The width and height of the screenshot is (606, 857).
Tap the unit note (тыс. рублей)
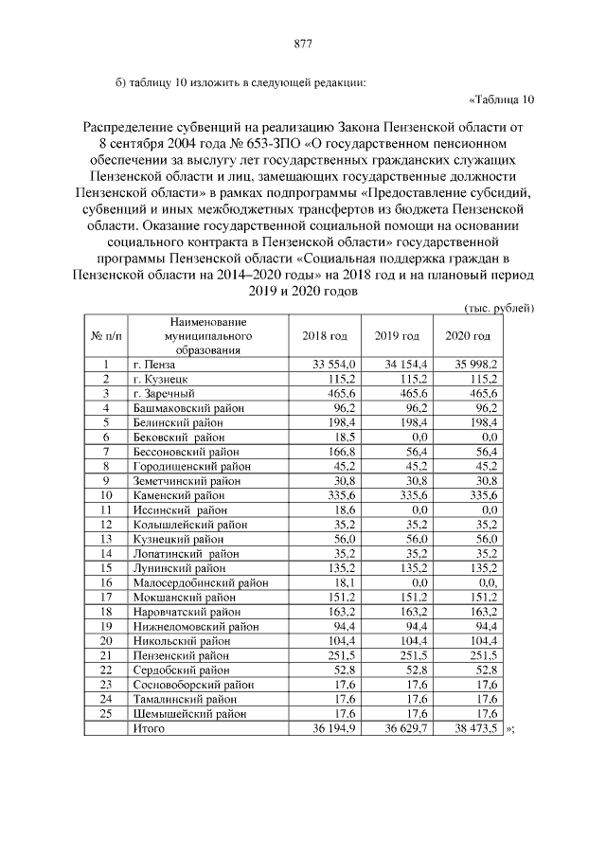click(x=499, y=309)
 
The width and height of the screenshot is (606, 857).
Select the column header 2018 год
click(x=325, y=336)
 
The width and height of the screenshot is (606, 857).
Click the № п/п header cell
click(x=107, y=336)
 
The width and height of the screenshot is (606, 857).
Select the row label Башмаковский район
click(x=189, y=408)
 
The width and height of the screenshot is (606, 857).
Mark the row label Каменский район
click(x=179, y=495)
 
